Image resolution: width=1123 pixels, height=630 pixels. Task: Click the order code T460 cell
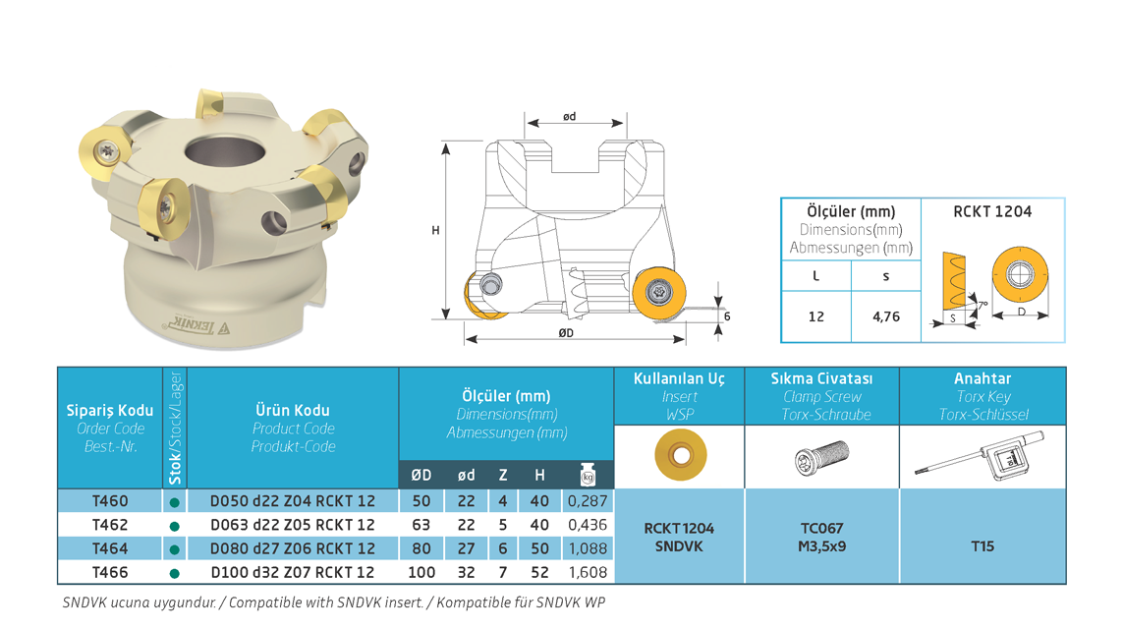click(110, 501)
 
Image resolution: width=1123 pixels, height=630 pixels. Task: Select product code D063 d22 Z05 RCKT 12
click(292, 525)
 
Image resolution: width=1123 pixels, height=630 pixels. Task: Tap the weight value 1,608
click(588, 572)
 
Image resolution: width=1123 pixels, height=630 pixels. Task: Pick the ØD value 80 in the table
click(421, 548)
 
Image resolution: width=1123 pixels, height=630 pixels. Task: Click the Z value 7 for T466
click(503, 572)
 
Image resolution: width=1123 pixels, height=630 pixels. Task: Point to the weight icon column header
click(588, 475)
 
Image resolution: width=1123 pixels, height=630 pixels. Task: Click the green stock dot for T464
click(174, 549)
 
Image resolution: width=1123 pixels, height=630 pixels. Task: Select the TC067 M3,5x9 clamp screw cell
click(821, 537)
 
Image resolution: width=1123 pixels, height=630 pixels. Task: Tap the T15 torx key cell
click(983, 546)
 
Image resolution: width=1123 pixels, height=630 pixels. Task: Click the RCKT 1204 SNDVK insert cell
click(679, 537)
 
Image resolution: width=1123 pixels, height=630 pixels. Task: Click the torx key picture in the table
click(980, 455)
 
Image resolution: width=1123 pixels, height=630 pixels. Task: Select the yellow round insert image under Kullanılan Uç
click(681, 455)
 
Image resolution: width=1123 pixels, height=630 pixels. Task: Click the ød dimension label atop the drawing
click(570, 116)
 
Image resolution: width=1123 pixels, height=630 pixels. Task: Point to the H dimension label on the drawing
click(435, 230)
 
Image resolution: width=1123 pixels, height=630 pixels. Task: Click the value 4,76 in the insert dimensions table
click(886, 316)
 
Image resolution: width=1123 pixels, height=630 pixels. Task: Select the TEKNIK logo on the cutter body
click(195, 326)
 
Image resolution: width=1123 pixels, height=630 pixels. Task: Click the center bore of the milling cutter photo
click(225, 152)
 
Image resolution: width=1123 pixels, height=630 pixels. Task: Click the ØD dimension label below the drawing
click(566, 332)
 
